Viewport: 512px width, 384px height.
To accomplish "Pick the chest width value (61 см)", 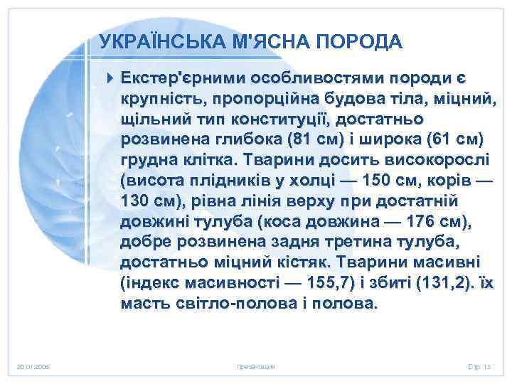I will point(453,137).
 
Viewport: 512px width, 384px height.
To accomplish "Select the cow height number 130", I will point(134,198).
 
